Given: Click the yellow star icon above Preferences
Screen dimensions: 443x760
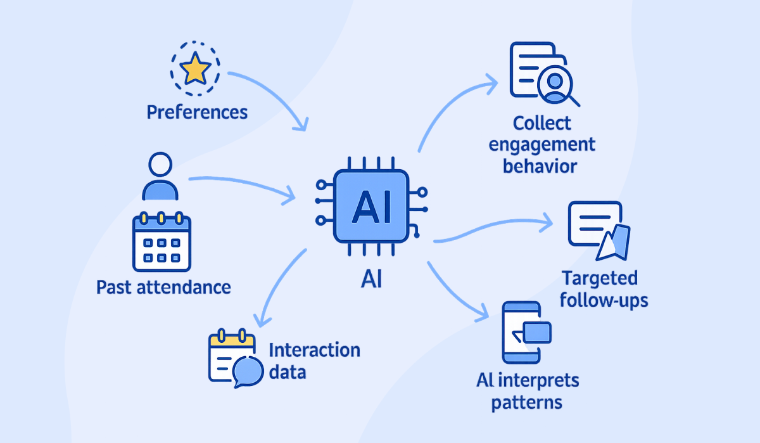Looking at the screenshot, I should point(195,70).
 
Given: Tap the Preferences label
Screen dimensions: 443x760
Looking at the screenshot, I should point(197,113).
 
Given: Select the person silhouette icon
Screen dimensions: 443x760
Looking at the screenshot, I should point(160,178).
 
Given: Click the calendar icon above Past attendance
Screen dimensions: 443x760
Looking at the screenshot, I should point(161,242).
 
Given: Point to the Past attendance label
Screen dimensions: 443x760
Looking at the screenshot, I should point(163,287).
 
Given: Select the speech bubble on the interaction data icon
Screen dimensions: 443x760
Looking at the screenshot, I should point(246,371).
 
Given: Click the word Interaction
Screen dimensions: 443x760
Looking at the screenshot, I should point(314,350).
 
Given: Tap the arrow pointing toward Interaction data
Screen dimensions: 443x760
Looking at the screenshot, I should point(275,285).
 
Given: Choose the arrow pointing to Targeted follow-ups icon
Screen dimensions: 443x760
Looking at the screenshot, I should point(494,228).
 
